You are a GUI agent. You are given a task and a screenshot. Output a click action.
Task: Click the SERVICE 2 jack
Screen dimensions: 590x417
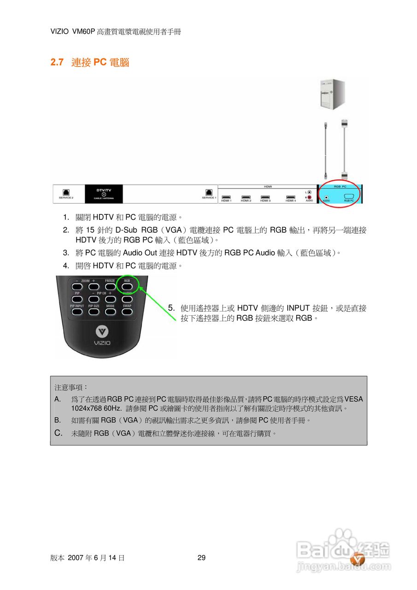tap(66, 191)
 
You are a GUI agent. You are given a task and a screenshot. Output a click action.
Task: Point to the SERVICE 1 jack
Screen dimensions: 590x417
tap(209, 191)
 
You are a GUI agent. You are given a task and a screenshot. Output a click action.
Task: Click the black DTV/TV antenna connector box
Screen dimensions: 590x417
tap(104, 194)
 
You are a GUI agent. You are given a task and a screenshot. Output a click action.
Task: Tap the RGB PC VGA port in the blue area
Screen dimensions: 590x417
tap(349, 196)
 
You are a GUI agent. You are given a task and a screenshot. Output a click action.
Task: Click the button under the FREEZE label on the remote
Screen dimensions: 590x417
tap(110, 286)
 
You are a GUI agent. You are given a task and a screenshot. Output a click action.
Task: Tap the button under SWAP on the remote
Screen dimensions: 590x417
tap(127, 312)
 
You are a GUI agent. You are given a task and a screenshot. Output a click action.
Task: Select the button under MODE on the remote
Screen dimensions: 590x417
tap(111, 312)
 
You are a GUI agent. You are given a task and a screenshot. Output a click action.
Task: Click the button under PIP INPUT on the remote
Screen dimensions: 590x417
tap(77, 312)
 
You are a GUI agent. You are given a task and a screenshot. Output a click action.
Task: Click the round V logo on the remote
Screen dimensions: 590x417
tap(102, 331)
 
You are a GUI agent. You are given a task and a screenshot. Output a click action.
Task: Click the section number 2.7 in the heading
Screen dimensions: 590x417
tap(57, 62)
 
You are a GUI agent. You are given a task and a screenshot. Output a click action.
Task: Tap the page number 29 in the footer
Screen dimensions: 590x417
tap(201, 558)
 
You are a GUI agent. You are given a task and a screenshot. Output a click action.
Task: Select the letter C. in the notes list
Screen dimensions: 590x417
tap(58, 433)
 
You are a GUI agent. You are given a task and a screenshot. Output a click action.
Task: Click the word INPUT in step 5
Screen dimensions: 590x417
tap(298, 308)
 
